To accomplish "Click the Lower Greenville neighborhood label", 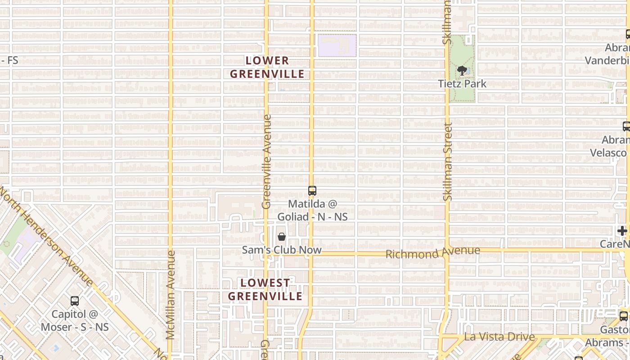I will [267, 67].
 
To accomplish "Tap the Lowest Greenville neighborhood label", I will [265, 289].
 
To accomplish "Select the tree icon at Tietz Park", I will [462, 71].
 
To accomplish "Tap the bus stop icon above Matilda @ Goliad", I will [312, 191].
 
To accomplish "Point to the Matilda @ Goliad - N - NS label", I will [312, 210].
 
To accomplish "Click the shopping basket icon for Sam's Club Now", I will [282, 237].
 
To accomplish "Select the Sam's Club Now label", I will [282, 250].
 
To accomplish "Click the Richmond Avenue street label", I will [432, 252].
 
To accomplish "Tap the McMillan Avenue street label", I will [170, 295].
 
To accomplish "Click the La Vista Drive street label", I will [499, 337].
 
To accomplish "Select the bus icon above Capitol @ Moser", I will [75, 301].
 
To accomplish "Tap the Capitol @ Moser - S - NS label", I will [75, 320].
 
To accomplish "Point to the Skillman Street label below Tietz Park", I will [447, 162].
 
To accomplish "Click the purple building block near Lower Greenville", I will [337, 45].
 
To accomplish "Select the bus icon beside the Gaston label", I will [623, 316].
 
